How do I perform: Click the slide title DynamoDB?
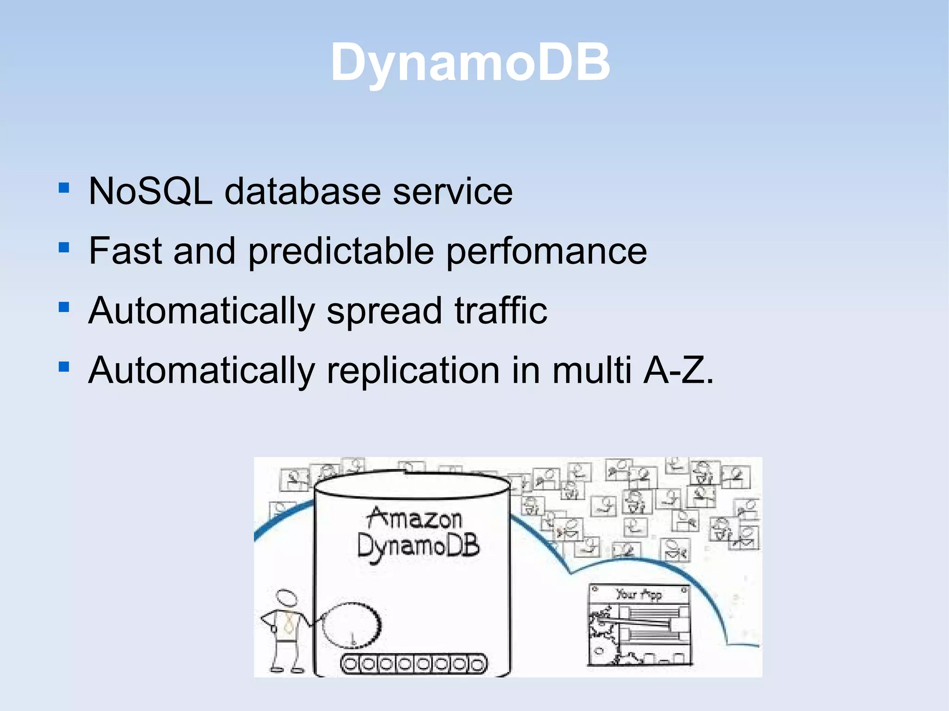point(470,63)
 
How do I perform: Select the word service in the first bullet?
point(453,191)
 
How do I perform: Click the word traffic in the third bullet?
point(501,310)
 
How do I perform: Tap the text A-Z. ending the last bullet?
point(678,371)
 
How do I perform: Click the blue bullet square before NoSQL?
point(64,188)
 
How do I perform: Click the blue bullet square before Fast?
point(64,248)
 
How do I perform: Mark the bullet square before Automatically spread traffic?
point(64,307)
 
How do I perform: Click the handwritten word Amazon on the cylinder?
point(415,518)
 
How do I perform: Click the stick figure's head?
point(286,598)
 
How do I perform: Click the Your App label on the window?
point(639,594)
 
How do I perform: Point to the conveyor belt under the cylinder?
point(414,664)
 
